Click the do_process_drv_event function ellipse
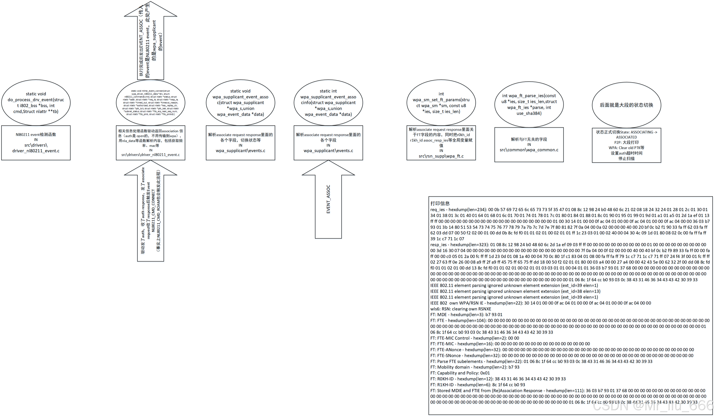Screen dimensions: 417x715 36,103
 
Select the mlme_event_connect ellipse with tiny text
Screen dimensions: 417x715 150,103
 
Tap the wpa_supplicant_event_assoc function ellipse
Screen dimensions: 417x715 240,103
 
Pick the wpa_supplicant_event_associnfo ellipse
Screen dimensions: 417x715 328,103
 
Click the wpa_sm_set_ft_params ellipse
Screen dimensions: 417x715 441,103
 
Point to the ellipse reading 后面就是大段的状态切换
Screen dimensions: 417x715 627,105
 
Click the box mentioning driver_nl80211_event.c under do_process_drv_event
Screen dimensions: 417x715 36,143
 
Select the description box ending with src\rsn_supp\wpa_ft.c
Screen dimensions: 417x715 441,143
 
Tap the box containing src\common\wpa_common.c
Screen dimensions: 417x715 529,145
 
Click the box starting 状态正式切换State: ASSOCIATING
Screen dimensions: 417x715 627,145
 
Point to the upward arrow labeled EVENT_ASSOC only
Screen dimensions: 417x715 328,199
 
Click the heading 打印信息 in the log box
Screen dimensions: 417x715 440,203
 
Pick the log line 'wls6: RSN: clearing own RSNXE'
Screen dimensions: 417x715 461,309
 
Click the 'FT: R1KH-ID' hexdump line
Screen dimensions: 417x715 478,385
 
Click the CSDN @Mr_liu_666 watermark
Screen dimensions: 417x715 653,406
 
